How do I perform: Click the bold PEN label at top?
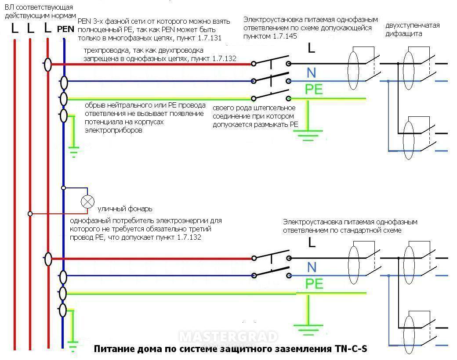66,30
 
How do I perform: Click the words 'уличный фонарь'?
125,209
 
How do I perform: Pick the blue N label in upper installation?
312,73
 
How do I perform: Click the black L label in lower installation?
312,242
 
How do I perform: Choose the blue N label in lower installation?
312,266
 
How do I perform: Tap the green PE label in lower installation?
314,283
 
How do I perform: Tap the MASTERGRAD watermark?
228,337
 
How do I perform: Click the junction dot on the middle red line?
30,214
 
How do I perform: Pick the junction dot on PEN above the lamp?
64,188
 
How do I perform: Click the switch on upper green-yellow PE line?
271,93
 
